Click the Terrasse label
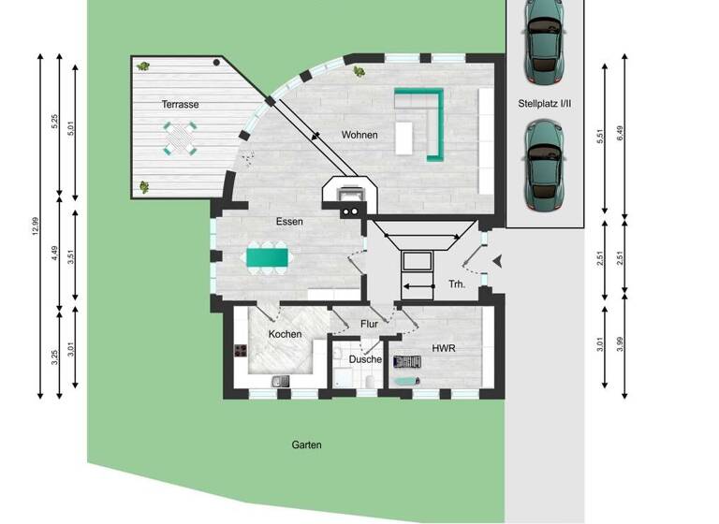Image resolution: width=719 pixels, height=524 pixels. click(179, 105)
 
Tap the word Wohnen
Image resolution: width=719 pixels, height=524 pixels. click(359, 135)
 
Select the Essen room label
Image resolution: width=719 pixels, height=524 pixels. click(288, 222)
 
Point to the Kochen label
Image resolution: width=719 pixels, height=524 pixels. click(285, 334)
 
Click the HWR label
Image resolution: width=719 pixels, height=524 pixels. click(443, 347)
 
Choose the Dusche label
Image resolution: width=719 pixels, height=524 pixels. click(365, 359)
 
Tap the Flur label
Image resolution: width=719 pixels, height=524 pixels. click(369, 324)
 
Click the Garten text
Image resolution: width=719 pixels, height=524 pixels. click(306, 445)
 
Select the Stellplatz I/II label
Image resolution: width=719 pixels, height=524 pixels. click(545, 105)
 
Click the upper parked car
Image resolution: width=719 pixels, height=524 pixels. click(544, 39)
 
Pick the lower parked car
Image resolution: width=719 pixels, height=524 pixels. click(544, 165)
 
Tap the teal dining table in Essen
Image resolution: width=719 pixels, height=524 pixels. click(268, 256)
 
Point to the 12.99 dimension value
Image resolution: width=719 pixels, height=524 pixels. click(35, 226)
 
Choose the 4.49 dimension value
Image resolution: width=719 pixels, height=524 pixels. click(55, 255)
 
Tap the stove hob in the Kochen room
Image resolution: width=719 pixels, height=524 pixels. click(240, 352)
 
